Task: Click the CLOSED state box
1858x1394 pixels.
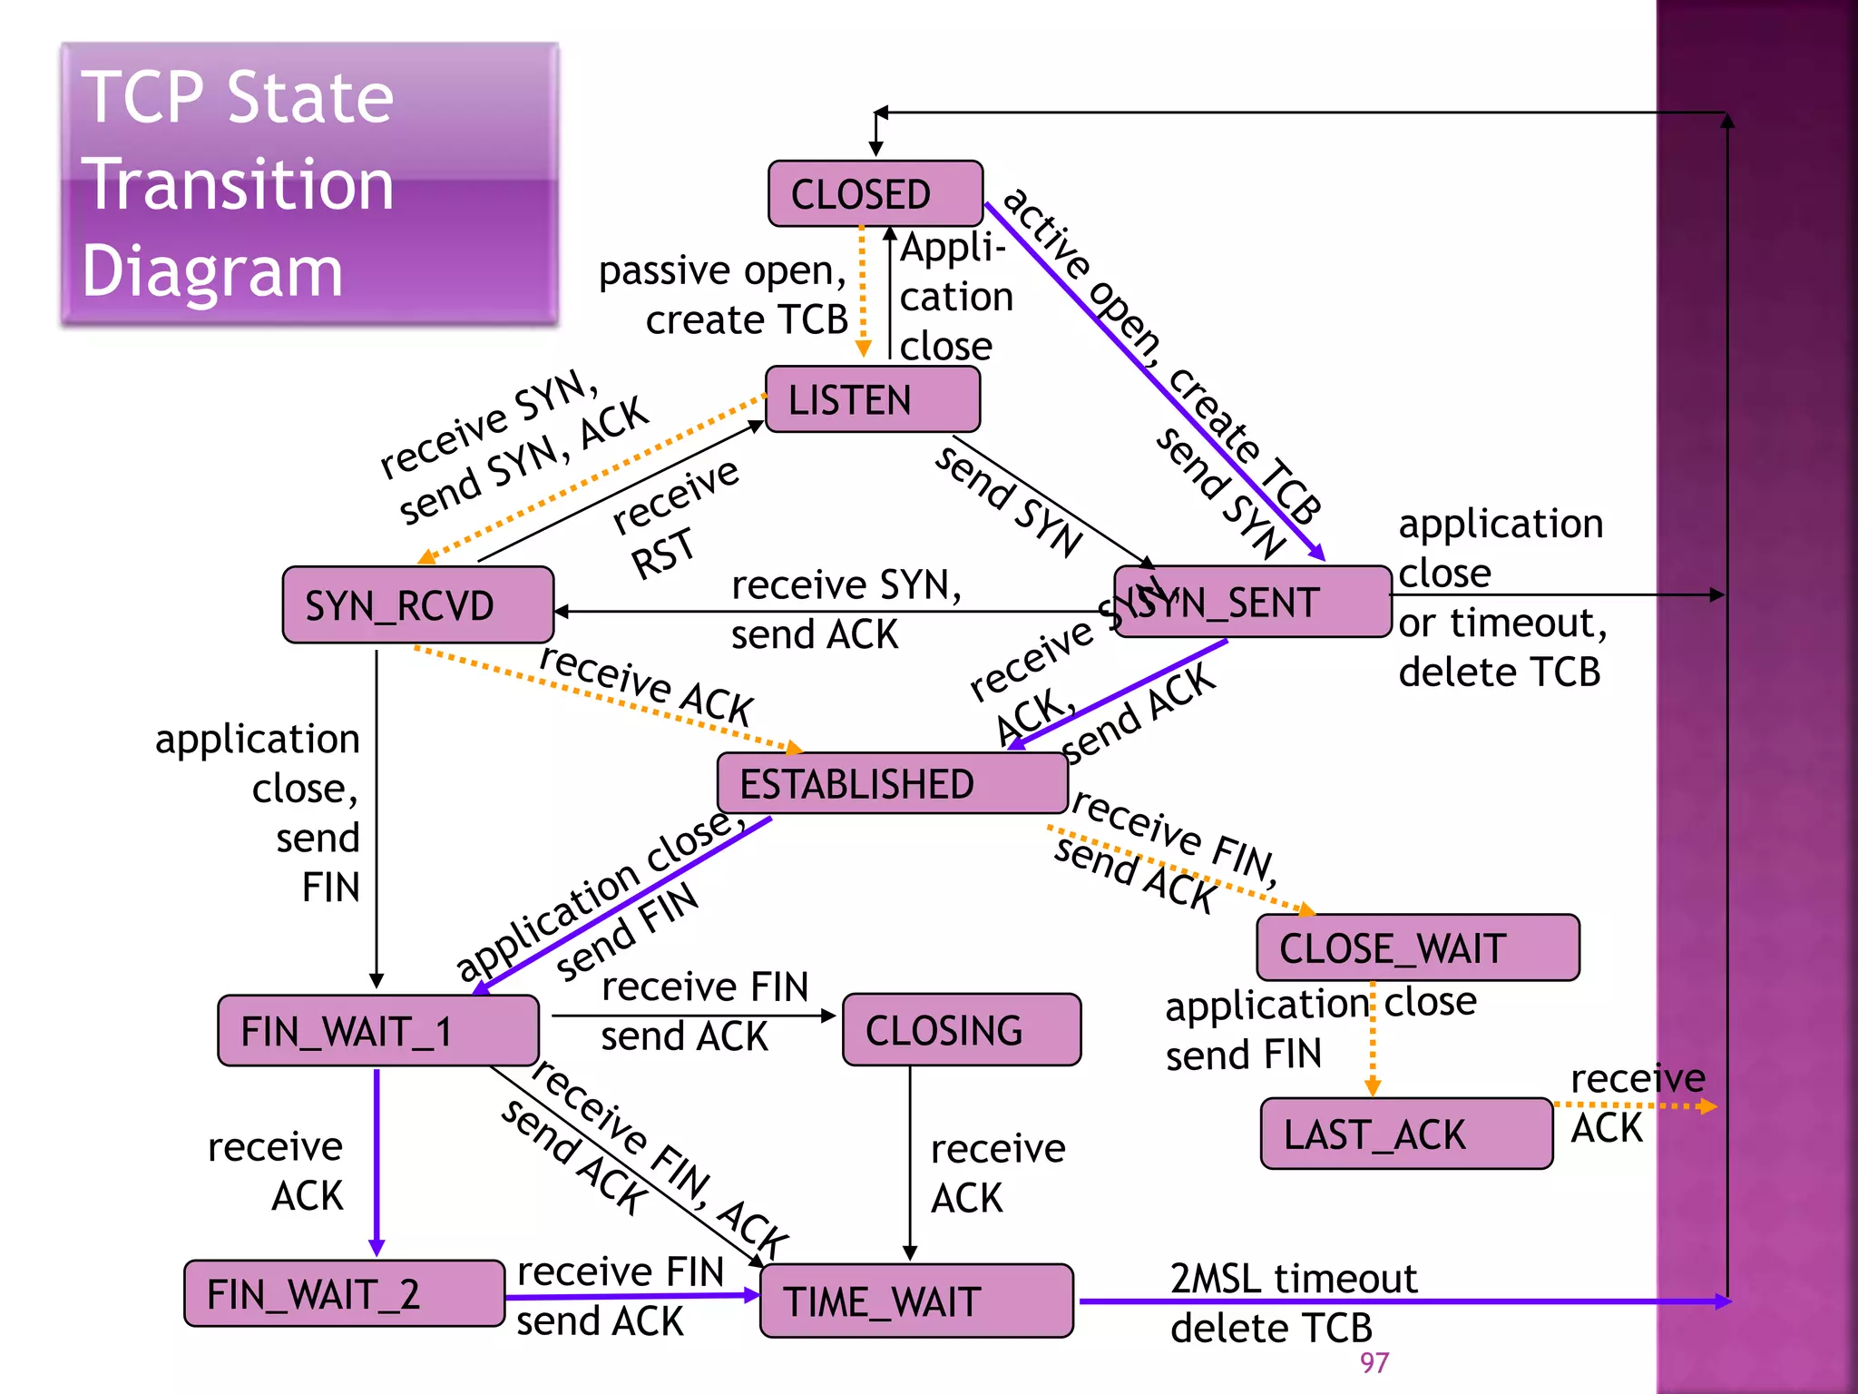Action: coord(875,193)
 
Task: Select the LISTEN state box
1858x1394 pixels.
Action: coord(872,399)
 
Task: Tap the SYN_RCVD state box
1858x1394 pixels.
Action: coord(417,605)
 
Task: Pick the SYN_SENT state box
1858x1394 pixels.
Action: coord(1252,603)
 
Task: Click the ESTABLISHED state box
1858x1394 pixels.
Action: coord(891,783)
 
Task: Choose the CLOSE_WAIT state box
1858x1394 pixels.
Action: coord(1417,947)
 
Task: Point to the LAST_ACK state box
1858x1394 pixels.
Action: coord(1406,1134)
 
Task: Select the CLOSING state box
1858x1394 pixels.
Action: coord(961,1030)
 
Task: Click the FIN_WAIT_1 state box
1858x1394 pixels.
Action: coord(377,1031)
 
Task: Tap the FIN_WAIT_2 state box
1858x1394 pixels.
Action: coord(344,1293)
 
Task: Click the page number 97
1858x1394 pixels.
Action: coord(1374,1362)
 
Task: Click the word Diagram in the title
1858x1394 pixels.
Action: coord(212,271)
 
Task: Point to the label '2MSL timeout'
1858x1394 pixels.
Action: coord(1293,1279)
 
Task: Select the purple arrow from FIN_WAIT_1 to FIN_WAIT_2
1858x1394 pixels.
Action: coord(376,1162)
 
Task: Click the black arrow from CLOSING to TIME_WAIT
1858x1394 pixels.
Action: coord(910,1162)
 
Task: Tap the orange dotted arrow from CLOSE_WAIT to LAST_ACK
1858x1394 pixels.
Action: coord(1373,1039)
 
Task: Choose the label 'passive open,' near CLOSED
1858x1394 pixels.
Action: coord(722,270)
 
